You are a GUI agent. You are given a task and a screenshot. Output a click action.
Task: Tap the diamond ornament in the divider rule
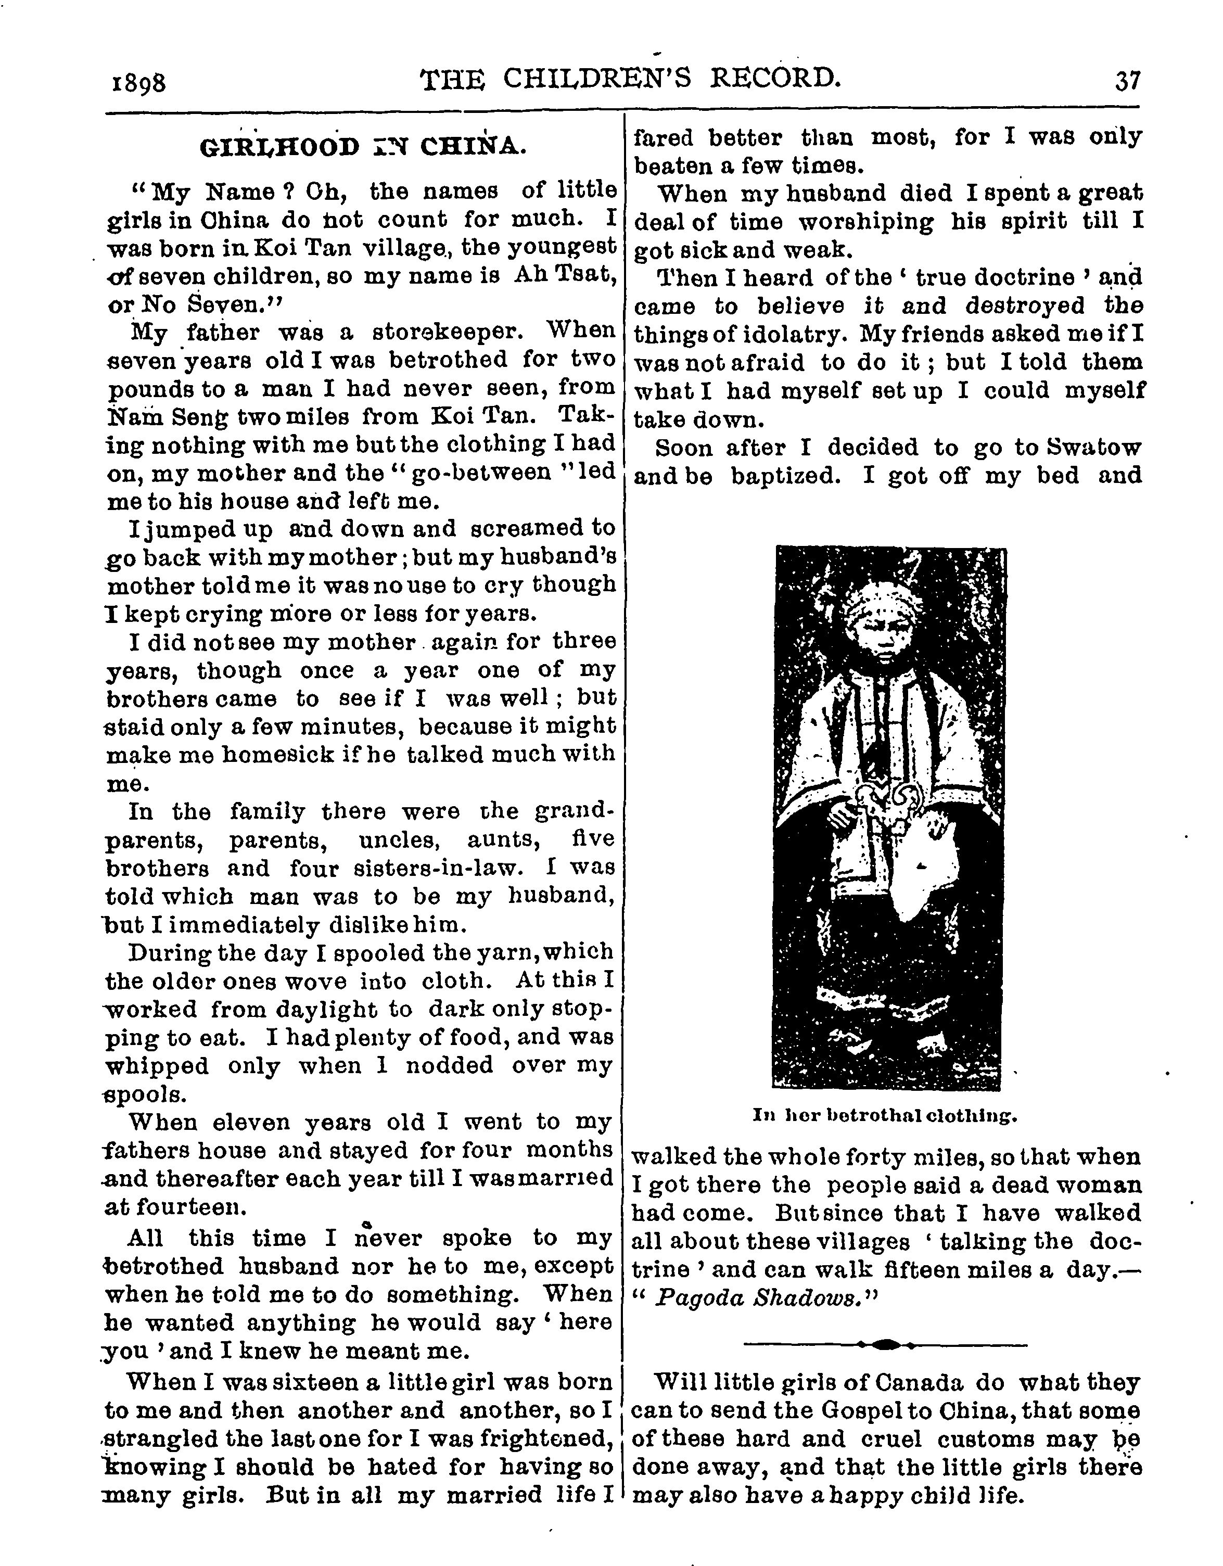click(887, 1344)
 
